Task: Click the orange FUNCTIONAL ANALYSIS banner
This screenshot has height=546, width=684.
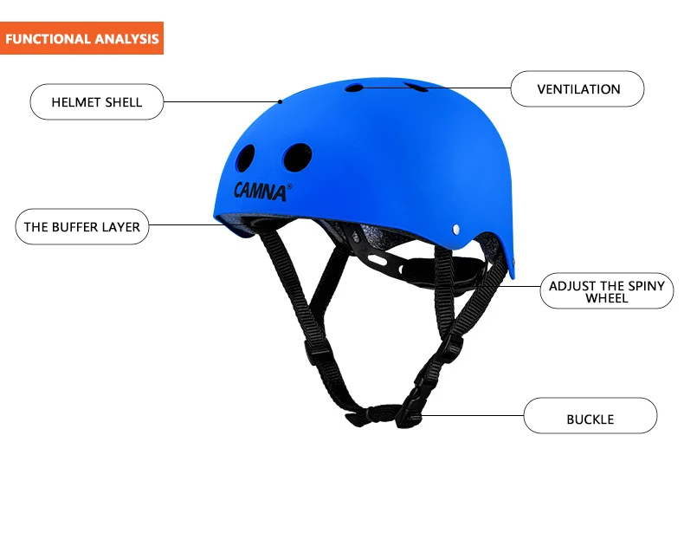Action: [82, 39]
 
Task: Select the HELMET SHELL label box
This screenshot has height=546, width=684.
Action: [97, 102]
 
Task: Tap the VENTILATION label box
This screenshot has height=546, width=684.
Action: [578, 89]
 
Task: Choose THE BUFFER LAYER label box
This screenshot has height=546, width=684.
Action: [81, 227]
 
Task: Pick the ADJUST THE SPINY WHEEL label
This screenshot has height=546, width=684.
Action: [606, 292]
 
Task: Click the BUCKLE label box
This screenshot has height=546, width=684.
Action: [590, 419]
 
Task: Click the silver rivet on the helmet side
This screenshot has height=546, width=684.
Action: [456, 230]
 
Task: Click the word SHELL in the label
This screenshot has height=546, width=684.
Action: [124, 102]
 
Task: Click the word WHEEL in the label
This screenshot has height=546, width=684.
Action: [606, 298]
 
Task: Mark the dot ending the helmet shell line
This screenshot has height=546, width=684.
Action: [281, 101]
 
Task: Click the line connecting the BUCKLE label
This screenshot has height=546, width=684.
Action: [472, 416]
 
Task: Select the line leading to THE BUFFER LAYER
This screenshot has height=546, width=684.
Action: [186, 225]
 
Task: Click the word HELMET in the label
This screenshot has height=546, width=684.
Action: [76, 102]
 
